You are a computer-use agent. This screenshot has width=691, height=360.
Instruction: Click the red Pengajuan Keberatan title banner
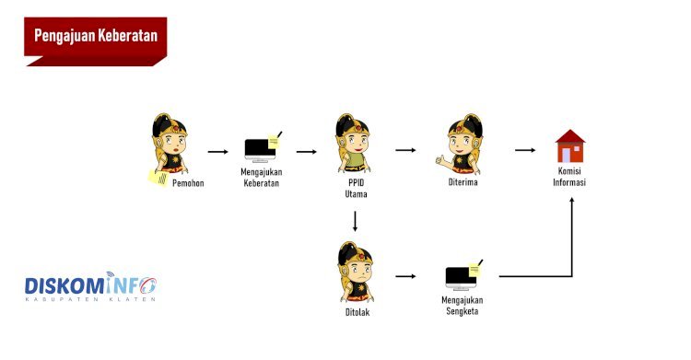(96, 41)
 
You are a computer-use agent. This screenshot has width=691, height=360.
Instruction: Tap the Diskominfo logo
(90, 286)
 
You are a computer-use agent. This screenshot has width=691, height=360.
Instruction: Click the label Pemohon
(188, 183)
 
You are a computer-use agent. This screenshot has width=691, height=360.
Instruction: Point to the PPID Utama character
(353, 144)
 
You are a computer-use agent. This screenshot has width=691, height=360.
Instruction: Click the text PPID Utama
(356, 188)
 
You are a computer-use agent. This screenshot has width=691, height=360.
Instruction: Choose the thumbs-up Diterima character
(460, 144)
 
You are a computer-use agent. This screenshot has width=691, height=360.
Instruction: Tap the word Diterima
(463, 182)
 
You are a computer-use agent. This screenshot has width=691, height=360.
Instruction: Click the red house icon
(570, 145)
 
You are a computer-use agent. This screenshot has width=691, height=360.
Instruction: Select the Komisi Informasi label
(569, 176)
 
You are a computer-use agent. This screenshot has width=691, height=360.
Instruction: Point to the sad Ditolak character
(356, 272)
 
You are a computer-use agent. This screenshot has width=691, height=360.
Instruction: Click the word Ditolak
(357, 312)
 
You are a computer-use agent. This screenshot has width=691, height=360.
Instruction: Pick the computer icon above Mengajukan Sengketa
(463, 275)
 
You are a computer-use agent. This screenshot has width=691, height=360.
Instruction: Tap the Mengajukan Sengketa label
(463, 306)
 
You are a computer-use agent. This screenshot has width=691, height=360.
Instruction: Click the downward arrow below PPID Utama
(355, 221)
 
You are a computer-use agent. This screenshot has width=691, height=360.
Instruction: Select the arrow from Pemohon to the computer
(218, 152)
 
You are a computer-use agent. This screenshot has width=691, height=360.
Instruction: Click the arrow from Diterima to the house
(525, 150)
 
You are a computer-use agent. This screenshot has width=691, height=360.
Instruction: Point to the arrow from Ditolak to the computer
(405, 276)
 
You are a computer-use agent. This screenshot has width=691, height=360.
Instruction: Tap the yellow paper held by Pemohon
(158, 178)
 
